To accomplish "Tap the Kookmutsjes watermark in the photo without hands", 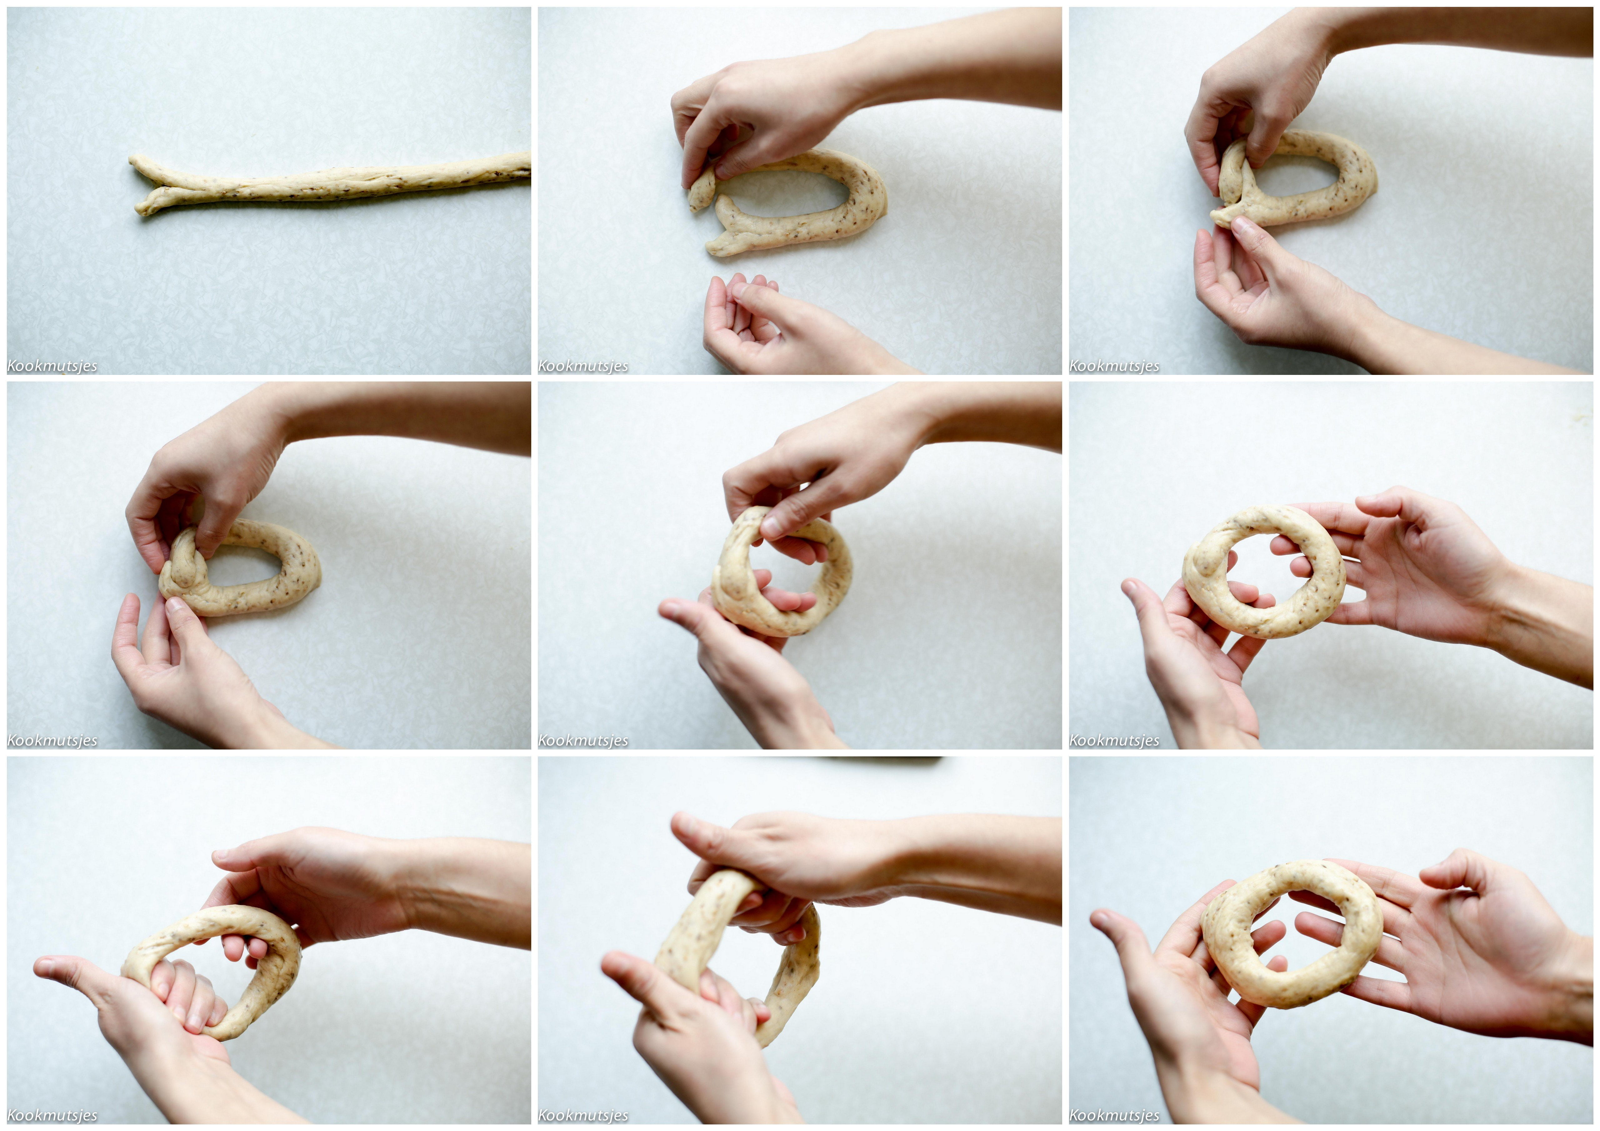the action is [x=52, y=366].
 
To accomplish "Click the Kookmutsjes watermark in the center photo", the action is [x=583, y=741].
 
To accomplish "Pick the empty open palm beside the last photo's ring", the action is [x=1470, y=955].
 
